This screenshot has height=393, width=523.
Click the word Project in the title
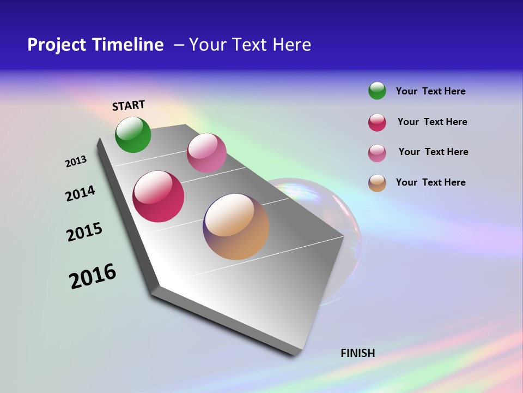coord(56,45)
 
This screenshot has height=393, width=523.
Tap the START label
coord(129,105)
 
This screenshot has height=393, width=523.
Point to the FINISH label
coord(358,353)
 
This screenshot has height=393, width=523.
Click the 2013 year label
coord(76,162)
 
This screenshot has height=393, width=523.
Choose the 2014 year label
coord(80,193)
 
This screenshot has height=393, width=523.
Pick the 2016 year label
coord(93,276)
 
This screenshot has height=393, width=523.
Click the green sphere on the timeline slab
coord(133,134)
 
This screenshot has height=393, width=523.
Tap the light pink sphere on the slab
coord(206,153)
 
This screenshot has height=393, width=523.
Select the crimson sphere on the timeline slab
coord(159,196)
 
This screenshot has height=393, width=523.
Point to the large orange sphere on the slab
coord(236,227)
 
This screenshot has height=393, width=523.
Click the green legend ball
coord(377,91)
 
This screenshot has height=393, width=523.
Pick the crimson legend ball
coord(377,122)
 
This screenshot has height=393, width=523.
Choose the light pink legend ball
coord(377,153)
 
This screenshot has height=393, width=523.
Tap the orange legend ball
coord(377,183)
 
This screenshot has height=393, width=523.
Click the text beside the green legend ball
coord(430,91)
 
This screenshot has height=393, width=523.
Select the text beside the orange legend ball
coord(430,182)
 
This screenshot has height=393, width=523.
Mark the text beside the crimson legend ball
coord(432,122)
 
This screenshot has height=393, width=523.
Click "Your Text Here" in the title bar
coord(250,45)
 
